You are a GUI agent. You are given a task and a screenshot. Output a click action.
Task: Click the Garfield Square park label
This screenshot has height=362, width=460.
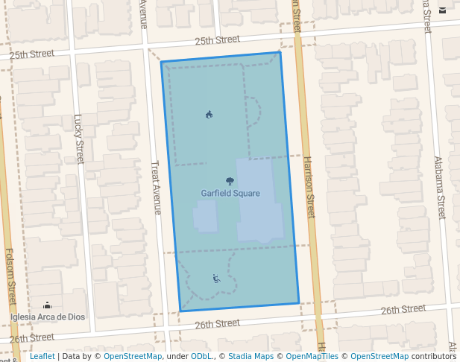tap(230, 194)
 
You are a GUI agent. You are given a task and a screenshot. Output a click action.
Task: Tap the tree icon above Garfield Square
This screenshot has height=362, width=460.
tap(230, 181)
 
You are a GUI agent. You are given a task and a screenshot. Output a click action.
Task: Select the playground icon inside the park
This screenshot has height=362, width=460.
tap(209, 115)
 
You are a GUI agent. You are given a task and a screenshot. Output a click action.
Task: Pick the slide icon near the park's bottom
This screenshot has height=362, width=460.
tap(215, 279)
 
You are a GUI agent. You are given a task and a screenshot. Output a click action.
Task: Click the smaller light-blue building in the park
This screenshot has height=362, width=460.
tap(205, 216)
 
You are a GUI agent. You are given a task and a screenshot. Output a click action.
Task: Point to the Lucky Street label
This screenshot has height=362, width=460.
tap(79, 139)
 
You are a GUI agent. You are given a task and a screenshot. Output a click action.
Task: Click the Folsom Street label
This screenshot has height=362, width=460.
tap(10, 276)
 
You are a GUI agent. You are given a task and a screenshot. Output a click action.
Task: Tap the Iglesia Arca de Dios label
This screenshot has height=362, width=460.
tap(48, 317)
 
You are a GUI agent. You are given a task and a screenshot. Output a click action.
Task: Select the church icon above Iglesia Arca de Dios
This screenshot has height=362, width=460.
tap(48, 305)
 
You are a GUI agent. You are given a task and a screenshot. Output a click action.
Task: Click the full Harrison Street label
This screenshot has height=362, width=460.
tap(310, 187)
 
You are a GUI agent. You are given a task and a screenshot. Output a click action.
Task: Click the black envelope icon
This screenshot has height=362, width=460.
tap(443, 10)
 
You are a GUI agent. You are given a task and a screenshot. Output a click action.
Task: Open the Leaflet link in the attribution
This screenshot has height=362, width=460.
tap(42, 357)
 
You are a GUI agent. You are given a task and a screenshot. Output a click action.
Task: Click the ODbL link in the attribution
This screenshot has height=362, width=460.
tap(202, 357)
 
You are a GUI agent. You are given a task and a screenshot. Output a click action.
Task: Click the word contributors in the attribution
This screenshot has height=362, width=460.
tap(434, 357)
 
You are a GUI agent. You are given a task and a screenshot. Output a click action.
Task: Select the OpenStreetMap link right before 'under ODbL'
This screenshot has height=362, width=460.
tap(133, 357)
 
